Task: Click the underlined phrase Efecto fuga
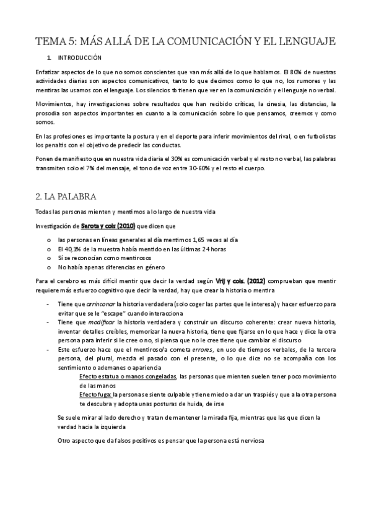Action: [95, 394]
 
